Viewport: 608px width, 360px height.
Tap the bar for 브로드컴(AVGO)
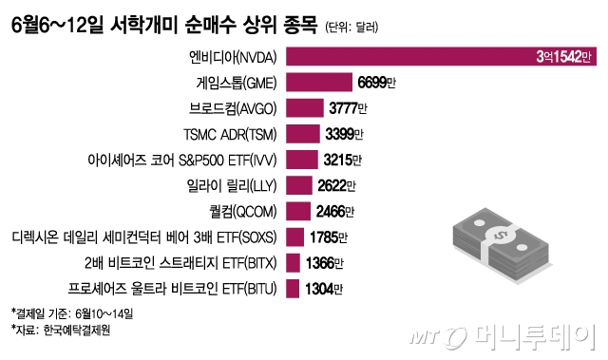click(x=303, y=107)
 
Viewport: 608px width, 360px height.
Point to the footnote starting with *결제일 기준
click(x=72, y=313)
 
